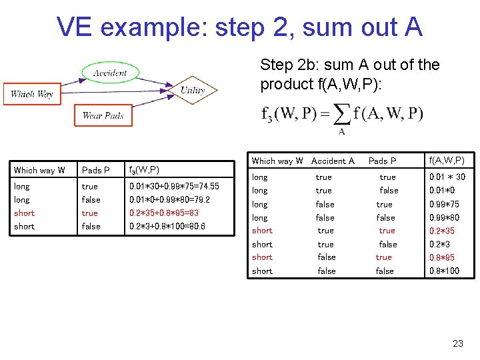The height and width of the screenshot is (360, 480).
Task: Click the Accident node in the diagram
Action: coord(109,73)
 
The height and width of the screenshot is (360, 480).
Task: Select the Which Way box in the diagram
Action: coord(31,94)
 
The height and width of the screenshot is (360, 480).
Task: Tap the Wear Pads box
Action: coord(103,115)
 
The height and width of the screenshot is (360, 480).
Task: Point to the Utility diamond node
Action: coord(193,91)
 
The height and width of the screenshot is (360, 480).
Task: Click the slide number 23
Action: coord(457,343)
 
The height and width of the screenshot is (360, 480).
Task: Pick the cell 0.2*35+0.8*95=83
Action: coord(164,213)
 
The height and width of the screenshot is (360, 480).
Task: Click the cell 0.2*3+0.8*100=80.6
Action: coord(167,227)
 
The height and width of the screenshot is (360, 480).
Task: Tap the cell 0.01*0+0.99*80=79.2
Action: coord(169,200)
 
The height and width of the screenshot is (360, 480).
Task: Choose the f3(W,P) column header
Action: coord(144,170)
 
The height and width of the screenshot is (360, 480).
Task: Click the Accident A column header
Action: coord(333,161)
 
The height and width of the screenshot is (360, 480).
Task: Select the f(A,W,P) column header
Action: coord(447,161)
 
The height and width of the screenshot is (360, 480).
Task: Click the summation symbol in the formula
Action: coord(341,114)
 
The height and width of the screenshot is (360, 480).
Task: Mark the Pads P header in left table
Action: coord(96,170)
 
